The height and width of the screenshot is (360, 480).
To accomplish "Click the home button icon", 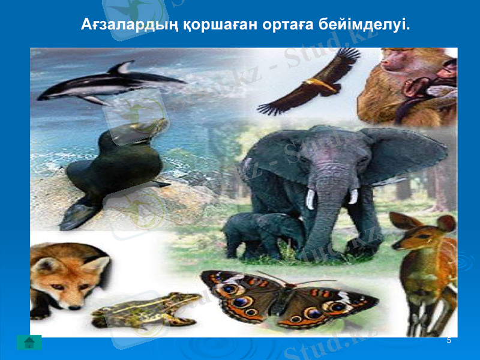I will coord(29,343).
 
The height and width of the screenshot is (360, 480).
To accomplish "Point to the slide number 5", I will coord(449,341).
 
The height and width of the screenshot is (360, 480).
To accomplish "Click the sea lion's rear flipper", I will coord(78,213).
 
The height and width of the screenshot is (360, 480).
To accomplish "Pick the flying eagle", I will coord(312,84).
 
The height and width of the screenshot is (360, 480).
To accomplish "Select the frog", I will coord(144,309).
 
